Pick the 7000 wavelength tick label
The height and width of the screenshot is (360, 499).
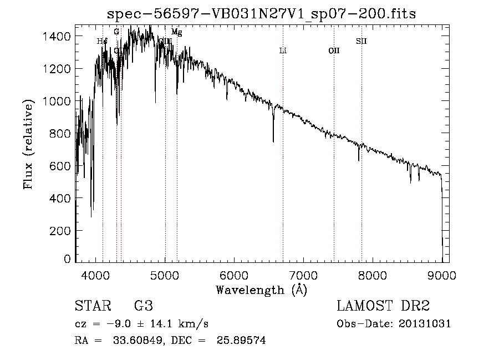tap(303, 275)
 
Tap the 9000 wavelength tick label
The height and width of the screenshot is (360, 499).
tap(441, 275)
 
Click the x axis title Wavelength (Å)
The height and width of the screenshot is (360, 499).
tap(261, 290)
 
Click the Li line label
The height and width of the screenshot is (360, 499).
tap(283, 51)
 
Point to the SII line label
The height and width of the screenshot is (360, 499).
tap(361, 41)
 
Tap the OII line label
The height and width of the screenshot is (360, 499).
tap(334, 51)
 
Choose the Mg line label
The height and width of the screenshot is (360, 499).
tap(176, 32)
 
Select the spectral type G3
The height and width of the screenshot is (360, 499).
tap(143, 306)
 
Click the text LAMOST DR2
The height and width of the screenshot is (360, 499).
tap(383, 306)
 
